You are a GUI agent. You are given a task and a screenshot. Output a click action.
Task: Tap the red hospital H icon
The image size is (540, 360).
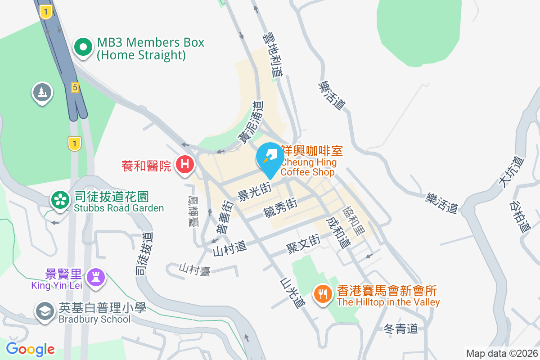point(184,164)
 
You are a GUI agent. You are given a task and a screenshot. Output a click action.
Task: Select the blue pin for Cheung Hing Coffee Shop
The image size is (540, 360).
point(270,158)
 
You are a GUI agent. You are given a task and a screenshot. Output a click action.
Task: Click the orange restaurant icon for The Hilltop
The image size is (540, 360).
point(322,295)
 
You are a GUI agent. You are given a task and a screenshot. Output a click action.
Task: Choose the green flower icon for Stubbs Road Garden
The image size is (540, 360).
point(59,201)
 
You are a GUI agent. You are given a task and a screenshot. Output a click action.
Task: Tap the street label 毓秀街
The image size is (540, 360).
point(280,207)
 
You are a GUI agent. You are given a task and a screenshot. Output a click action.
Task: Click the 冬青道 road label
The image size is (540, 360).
point(401,328)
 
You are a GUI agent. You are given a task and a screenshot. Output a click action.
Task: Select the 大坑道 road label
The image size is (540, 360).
point(511,171)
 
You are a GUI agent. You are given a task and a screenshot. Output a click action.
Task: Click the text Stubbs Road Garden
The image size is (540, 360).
point(119,208)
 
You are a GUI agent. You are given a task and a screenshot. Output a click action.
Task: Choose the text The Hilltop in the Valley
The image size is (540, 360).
point(388,302)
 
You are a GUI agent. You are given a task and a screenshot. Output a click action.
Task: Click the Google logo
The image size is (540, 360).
point(30,349)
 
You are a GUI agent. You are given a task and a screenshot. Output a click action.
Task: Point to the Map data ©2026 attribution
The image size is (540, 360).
point(502,353)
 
